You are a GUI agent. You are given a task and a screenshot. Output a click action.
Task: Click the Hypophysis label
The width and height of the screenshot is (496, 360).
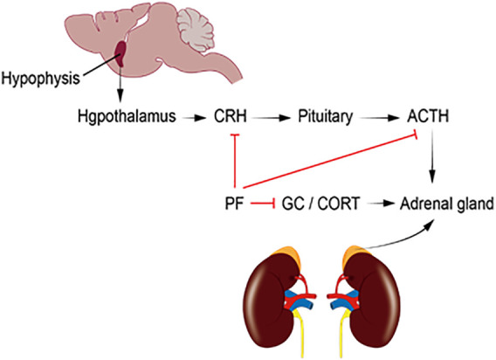[40, 79]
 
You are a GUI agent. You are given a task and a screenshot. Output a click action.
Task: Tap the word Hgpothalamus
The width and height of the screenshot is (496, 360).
[127, 116]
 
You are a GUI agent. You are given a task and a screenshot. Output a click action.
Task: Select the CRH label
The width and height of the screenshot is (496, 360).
[231, 116]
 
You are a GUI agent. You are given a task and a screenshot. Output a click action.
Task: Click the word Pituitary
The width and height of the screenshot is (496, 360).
[326, 117]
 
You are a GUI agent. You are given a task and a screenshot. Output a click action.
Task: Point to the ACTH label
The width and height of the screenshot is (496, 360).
[428, 116]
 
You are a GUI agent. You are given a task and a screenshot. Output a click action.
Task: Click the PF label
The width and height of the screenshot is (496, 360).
[234, 204]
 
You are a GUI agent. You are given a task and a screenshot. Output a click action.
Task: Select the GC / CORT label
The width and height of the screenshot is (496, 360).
[320, 204]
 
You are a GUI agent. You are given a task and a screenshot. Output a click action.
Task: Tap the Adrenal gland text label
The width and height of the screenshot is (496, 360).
[446, 204]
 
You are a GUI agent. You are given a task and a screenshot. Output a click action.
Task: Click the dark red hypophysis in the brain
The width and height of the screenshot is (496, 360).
[121, 54]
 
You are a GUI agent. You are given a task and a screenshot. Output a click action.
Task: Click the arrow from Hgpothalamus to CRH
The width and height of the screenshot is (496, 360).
[194, 118]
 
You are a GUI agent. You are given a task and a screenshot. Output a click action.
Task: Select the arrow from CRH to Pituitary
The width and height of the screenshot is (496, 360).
[271, 118]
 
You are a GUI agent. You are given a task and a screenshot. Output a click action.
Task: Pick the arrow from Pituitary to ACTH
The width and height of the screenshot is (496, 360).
[379, 118]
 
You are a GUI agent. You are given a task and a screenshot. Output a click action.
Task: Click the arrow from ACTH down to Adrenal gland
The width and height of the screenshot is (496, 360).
[432, 156]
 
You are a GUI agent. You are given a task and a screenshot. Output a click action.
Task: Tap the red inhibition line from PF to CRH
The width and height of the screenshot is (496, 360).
[235, 161]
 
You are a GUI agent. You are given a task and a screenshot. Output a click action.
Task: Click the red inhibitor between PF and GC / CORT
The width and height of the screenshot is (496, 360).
[263, 204]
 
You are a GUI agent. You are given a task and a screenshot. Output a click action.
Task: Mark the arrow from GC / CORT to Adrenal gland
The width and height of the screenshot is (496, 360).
[379, 204]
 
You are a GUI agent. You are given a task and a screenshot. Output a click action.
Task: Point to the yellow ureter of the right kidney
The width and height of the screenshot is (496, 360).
[342, 329]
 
